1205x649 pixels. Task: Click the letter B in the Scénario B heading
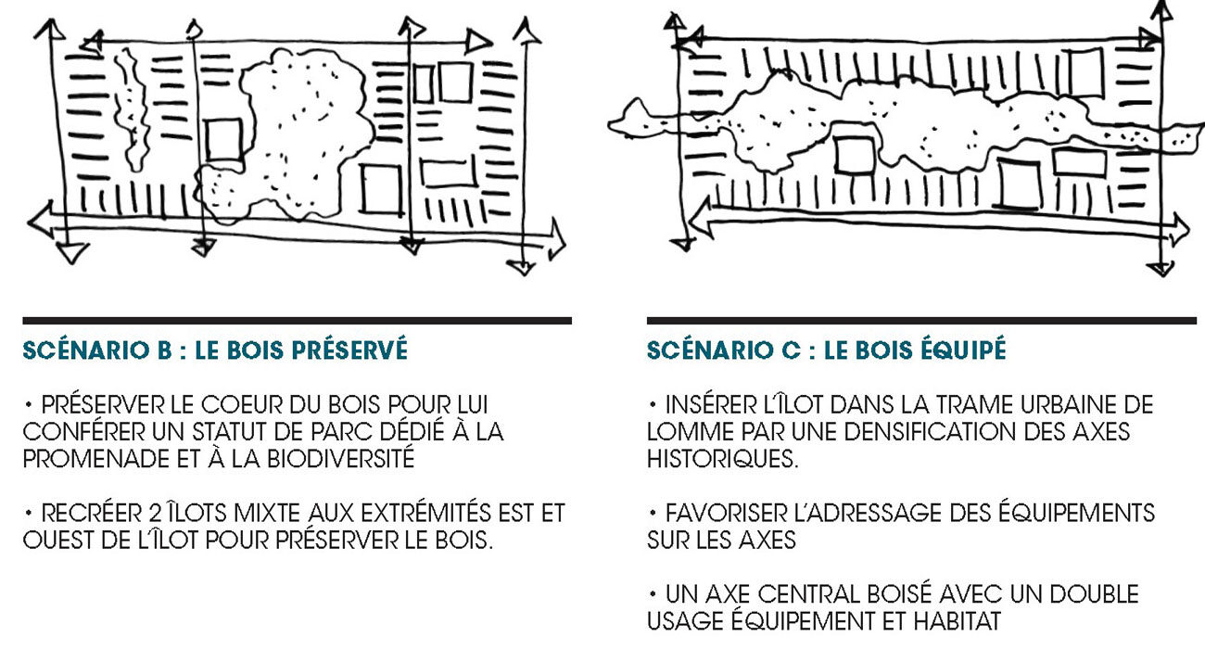pyautogui.click(x=164, y=350)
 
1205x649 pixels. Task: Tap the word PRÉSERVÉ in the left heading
pyautogui.click(x=349, y=350)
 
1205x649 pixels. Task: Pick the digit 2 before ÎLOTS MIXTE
pyautogui.click(x=155, y=514)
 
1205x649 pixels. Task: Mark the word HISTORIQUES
pyautogui.click(x=722, y=460)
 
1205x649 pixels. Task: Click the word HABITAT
pyautogui.click(x=957, y=621)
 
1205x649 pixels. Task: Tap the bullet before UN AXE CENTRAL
pyautogui.click(x=653, y=594)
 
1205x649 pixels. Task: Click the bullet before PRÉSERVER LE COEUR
pyautogui.click(x=29, y=404)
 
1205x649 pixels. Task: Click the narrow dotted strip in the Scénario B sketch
pyautogui.click(x=132, y=110)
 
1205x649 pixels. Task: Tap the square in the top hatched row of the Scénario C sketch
pyautogui.click(x=1085, y=72)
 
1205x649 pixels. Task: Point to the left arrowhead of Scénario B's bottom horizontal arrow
pyautogui.click(x=41, y=220)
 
